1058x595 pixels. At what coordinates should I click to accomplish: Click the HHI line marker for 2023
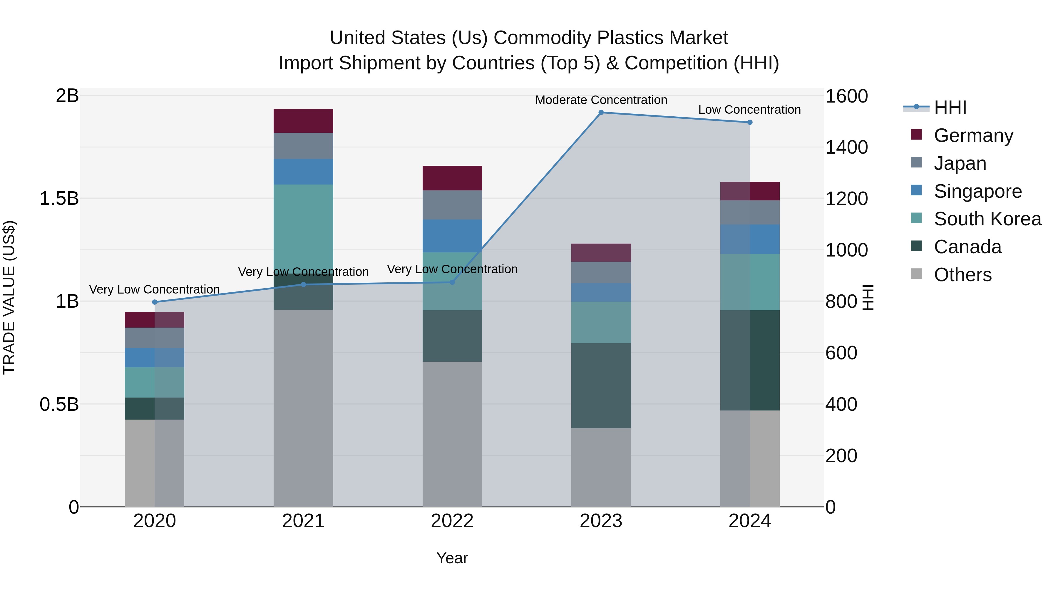[x=601, y=113]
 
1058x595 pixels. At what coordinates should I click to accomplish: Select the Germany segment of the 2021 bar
[x=303, y=121]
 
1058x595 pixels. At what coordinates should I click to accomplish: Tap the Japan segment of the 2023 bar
[x=601, y=273]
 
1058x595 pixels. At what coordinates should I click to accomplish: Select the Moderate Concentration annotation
[x=601, y=100]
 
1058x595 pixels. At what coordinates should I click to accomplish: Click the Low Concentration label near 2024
[x=749, y=110]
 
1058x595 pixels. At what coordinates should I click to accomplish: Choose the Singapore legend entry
[x=977, y=191]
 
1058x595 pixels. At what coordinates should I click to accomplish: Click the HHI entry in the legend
[x=950, y=108]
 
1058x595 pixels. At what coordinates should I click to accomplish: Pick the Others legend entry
[x=962, y=275]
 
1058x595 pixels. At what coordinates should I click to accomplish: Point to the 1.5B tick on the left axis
[x=59, y=199]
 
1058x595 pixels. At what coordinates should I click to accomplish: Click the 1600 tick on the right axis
[x=846, y=96]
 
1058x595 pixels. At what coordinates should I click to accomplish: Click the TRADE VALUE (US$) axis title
[x=9, y=297]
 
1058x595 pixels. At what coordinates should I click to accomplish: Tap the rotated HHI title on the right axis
[x=868, y=297]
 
